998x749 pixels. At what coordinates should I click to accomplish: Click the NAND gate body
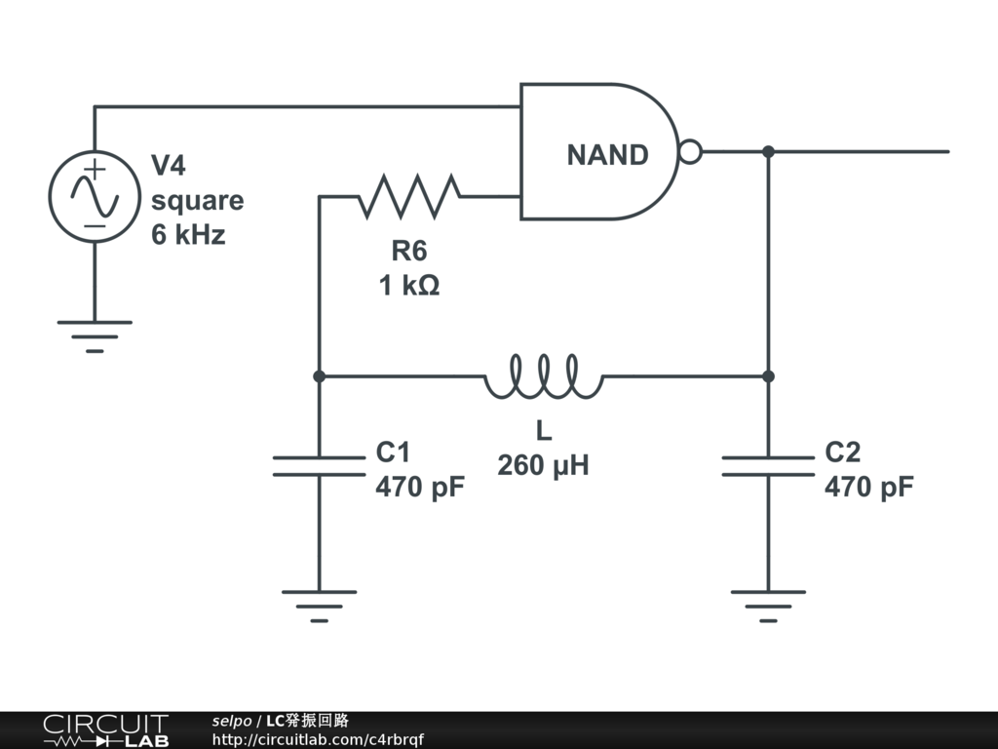(595, 152)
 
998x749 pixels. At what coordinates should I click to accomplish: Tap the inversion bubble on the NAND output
(690, 152)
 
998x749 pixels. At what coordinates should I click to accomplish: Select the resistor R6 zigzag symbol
(409, 196)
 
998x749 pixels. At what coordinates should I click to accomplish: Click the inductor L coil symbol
(544, 376)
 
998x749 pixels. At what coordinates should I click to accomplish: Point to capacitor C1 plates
(319, 466)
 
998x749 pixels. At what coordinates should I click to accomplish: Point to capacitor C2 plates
(768, 466)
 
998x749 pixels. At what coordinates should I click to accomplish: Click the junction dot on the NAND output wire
(768, 151)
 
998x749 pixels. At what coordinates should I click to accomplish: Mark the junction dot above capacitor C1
(319, 375)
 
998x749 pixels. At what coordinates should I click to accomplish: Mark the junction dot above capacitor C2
(768, 375)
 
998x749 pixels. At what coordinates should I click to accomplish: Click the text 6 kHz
(188, 235)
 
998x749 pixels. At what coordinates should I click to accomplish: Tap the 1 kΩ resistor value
(409, 286)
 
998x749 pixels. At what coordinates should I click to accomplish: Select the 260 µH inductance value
(543, 465)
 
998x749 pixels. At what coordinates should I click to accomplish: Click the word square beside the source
(197, 200)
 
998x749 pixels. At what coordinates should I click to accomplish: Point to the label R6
(409, 251)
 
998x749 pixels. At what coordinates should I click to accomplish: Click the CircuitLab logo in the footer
(105, 730)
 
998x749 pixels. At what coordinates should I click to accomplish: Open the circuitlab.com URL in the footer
(318, 740)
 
